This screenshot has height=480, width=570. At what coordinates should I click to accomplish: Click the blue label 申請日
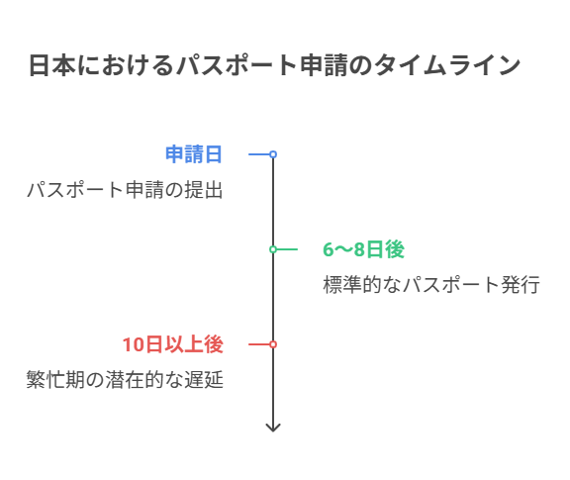pyautogui.click(x=193, y=154)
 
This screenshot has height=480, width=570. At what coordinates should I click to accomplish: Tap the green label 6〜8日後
pyautogui.click(x=363, y=249)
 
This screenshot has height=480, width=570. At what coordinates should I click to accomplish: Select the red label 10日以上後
pyautogui.click(x=172, y=344)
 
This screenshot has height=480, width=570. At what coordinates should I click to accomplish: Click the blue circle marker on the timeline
pyautogui.click(x=273, y=154)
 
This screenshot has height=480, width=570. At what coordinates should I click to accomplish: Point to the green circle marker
pyautogui.click(x=273, y=249)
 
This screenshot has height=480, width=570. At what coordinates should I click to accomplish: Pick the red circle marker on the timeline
pyautogui.click(x=273, y=344)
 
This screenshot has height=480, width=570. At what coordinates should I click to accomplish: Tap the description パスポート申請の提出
pyautogui.click(x=125, y=190)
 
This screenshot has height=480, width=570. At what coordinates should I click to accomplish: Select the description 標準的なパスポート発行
pyautogui.click(x=431, y=285)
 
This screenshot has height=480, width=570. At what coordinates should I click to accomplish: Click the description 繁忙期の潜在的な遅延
pyautogui.click(x=125, y=380)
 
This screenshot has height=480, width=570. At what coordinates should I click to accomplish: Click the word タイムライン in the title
pyautogui.click(x=447, y=65)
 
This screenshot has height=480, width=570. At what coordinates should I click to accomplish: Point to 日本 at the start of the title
pyautogui.click(x=52, y=65)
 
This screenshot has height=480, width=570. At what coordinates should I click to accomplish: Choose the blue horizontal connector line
pyautogui.click(x=259, y=154)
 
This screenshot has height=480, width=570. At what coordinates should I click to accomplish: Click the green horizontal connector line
pyautogui.click(x=287, y=249)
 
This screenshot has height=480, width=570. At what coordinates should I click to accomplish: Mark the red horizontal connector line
pyautogui.click(x=259, y=344)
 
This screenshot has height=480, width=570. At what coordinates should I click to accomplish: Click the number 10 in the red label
pyautogui.click(x=133, y=344)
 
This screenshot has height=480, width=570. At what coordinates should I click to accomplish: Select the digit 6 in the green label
pyautogui.click(x=329, y=249)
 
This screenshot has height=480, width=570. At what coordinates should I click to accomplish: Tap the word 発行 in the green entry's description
pyautogui.click(x=521, y=285)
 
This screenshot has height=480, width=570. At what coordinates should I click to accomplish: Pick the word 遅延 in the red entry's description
pyautogui.click(x=204, y=380)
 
